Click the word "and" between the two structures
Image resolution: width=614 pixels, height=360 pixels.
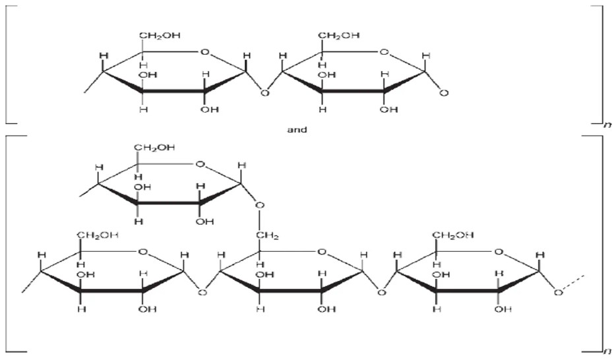click(x=297, y=129)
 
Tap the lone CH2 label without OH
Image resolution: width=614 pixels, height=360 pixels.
click(x=267, y=235)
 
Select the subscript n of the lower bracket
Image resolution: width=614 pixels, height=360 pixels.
click(x=607, y=351)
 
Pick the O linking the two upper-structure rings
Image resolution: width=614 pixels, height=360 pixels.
click(x=265, y=93)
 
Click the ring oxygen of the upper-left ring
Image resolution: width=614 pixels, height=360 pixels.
click(x=204, y=52)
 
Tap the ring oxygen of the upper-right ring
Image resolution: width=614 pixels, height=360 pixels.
click(x=384, y=52)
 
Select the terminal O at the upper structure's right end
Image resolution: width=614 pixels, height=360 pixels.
click(x=444, y=93)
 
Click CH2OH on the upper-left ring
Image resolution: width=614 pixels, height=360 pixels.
click(x=160, y=35)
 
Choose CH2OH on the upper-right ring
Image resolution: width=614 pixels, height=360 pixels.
click(x=339, y=35)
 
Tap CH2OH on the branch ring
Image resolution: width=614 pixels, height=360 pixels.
click(x=154, y=148)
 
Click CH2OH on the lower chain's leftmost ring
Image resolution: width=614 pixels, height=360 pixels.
click(x=98, y=235)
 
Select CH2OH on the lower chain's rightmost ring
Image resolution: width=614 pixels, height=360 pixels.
click(x=453, y=235)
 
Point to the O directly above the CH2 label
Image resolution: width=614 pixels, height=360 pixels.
click(x=260, y=205)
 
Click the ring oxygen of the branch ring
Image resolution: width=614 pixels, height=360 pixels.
click(x=200, y=164)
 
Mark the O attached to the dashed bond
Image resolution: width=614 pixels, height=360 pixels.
click(x=559, y=292)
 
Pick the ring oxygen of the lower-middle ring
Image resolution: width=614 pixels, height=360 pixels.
click(x=321, y=252)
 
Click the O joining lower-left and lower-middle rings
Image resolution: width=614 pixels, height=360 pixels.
click(x=202, y=292)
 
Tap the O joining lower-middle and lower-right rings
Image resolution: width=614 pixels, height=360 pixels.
click(x=381, y=292)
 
